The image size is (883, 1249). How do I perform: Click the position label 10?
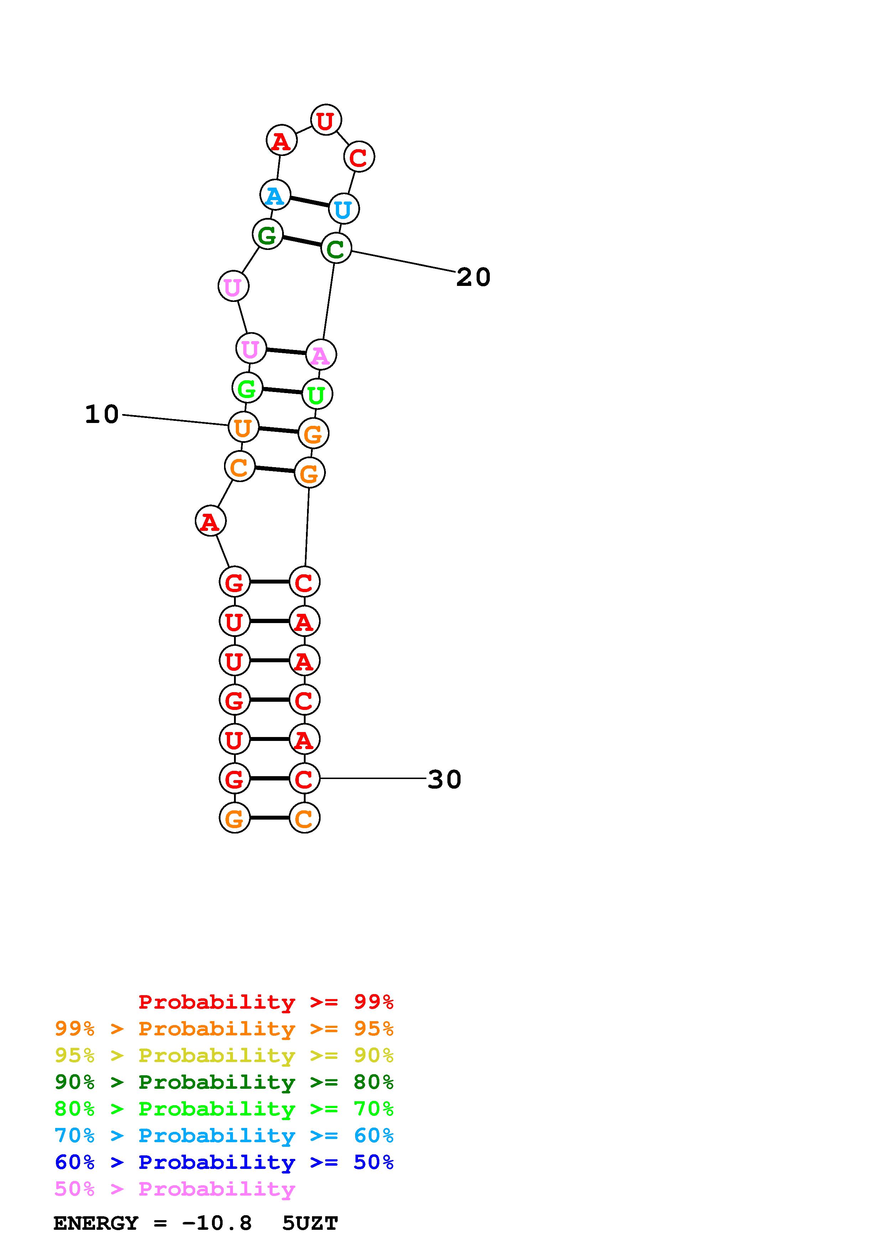pyautogui.click(x=102, y=414)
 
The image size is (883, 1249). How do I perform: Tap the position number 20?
pyautogui.click(x=473, y=277)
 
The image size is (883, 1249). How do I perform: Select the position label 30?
pyautogui.click(x=445, y=779)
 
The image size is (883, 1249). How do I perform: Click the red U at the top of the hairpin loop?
pyautogui.click(x=326, y=120)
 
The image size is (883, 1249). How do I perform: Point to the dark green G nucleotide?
pyautogui.click(x=268, y=235)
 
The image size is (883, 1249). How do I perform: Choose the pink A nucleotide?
pyautogui.click(x=321, y=355)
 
